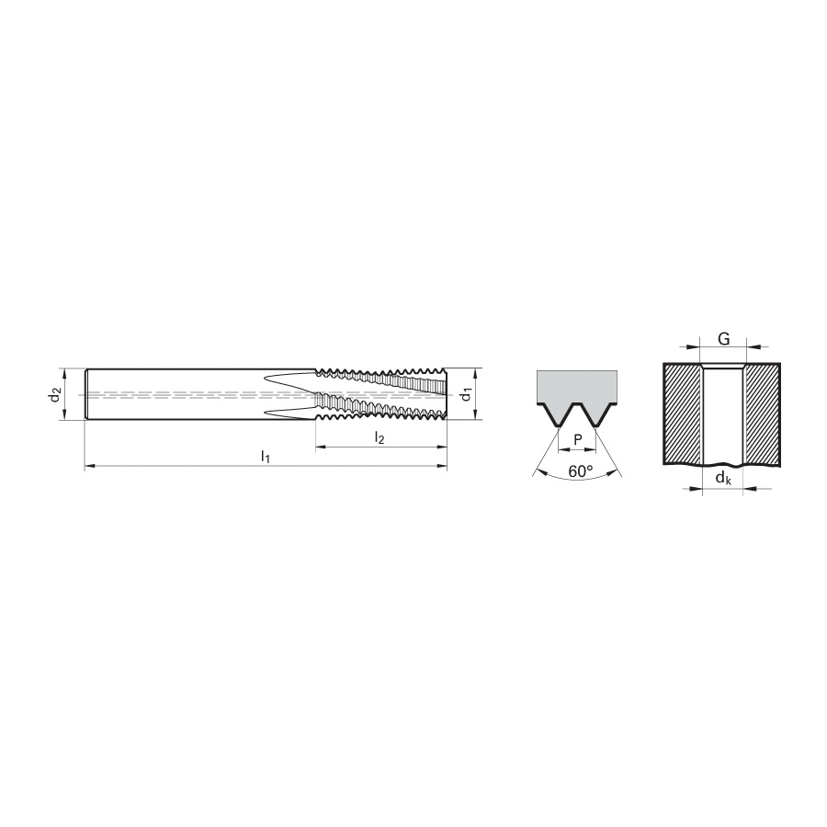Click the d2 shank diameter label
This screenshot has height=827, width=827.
click(55, 395)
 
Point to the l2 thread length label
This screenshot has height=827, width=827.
click(380, 437)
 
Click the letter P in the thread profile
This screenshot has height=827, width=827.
click(577, 440)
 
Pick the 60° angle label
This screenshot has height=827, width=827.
click(581, 471)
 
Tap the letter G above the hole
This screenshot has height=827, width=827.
click(724, 339)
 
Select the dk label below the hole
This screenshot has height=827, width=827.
click(723, 479)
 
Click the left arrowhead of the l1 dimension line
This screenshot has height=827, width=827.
click(89, 466)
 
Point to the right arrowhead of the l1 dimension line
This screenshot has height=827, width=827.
click(442, 466)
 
